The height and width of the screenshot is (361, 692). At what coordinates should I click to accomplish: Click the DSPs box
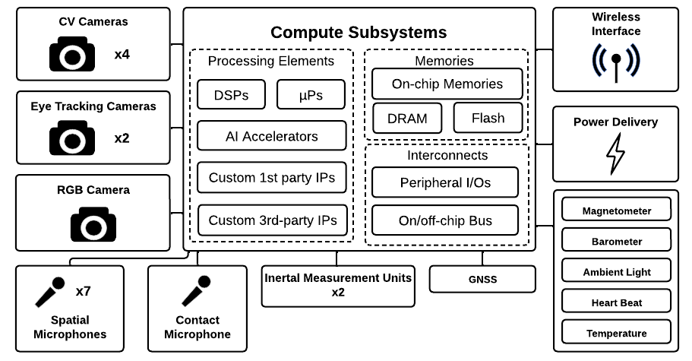(x=232, y=95)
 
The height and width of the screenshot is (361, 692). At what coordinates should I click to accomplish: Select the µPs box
(x=311, y=95)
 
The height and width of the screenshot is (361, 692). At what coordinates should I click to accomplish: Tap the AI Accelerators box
(x=271, y=136)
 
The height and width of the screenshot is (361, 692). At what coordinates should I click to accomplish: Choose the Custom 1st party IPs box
(x=271, y=178)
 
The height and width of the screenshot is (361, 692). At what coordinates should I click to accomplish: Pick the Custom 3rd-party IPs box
(x=271, y=220)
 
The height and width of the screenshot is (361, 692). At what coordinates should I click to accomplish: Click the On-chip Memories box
(x=447, y=84)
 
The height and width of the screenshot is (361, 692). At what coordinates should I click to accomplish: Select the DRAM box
(x=406, y=119)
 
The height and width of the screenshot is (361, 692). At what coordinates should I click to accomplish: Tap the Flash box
(x=488, y=119)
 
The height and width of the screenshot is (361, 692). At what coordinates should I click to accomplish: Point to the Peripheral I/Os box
(x=445, y=182)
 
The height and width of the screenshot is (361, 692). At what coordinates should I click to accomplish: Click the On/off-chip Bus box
(x=445, y=220)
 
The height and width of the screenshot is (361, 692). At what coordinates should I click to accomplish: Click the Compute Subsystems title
(x=359, y=33)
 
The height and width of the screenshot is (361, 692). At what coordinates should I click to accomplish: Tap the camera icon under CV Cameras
(x=71, y=55)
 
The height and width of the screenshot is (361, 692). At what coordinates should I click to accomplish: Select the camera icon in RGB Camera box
(x=93, y=224)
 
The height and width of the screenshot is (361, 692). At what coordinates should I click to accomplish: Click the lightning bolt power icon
(x=615, y=154)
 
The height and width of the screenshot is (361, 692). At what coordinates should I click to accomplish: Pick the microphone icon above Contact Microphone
(x=195, y=291)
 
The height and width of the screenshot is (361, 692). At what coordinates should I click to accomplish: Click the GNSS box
(x=482, y=279)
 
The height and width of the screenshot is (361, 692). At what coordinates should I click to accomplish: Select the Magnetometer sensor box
(x=616, y=211)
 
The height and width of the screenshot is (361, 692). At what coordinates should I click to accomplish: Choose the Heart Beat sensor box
(x=616, y=302)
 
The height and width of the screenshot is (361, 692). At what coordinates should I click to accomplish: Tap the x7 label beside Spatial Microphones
(x=84, y=291)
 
